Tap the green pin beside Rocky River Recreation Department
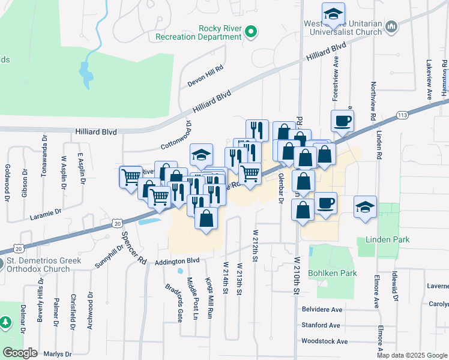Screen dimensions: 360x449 click(251, 32)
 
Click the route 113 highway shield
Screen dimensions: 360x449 click(402, 115)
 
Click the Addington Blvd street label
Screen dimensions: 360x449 click(176, 261)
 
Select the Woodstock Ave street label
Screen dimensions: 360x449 click(325, 341)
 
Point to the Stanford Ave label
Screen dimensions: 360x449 click(321, 326)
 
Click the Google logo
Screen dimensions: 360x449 click(20, 353)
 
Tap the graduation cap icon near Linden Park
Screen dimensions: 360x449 click(365, 207)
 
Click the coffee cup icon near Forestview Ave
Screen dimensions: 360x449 click(342, 121)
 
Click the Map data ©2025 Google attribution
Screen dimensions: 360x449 click(412, 355)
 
